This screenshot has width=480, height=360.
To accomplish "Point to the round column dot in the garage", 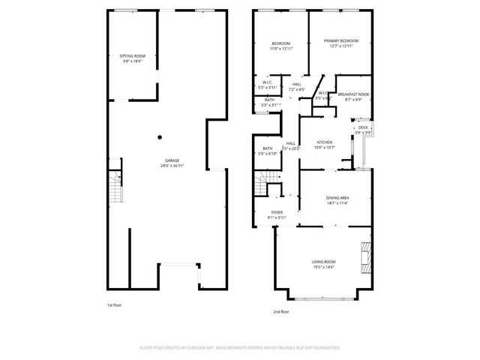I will (159, 137).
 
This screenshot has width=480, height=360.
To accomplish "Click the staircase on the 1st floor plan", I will (115, 188).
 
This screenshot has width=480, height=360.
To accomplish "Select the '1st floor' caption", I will (114, 305).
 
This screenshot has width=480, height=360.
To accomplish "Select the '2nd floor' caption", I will (281, 310).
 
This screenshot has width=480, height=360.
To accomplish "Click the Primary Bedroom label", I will (340, 43).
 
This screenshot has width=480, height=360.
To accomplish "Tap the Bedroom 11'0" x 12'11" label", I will (280, 46).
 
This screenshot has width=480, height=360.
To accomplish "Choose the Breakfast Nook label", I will (353, 97).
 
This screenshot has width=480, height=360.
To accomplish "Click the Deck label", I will (363, 129).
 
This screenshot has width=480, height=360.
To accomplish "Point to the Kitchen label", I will (324, 145).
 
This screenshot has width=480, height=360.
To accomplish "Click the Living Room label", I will (324, 264).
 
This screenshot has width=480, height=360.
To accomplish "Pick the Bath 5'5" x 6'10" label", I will (268, 151).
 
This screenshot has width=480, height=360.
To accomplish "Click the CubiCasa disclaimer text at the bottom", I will (240, 348).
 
